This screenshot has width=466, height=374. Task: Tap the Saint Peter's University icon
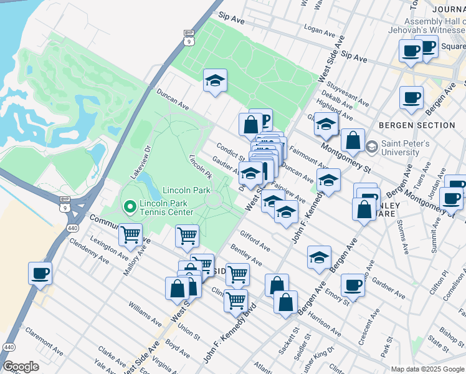pos(372,147)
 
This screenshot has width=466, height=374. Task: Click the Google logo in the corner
pos(21,366)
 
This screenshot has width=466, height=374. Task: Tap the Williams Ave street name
pos(145,314)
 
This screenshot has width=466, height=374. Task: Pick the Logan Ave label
pos(321,31)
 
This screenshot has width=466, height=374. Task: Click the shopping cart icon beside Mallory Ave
pos(130,235)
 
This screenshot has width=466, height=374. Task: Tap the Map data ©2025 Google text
pos(427,369)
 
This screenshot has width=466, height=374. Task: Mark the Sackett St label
pos(288,340)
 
